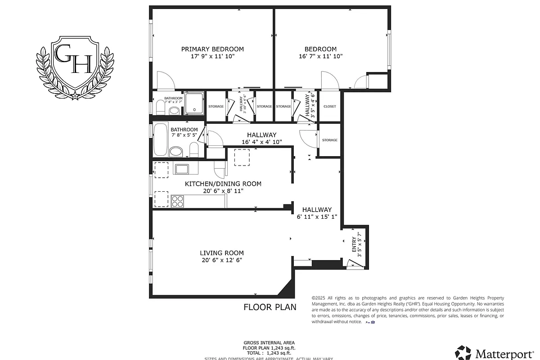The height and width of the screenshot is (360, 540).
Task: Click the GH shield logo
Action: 74,67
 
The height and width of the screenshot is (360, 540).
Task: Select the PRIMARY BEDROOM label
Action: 212,49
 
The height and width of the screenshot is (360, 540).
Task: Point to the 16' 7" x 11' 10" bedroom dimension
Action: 320,57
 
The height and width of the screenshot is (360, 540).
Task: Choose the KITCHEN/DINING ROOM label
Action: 223,184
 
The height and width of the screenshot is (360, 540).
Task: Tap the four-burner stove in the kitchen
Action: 177,201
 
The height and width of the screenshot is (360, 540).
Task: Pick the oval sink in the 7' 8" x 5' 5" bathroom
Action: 176,151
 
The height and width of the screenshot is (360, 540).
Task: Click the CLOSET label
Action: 330,107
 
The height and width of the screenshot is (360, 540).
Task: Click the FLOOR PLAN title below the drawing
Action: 270,307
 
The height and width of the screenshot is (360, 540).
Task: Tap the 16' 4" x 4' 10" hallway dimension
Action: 261,142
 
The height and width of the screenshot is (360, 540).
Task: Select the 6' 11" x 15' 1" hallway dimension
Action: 317,216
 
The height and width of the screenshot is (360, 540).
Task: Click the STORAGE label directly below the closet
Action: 330,140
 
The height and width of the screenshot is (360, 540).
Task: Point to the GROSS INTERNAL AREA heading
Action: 270,342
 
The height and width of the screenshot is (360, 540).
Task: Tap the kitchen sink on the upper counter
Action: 181,169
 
